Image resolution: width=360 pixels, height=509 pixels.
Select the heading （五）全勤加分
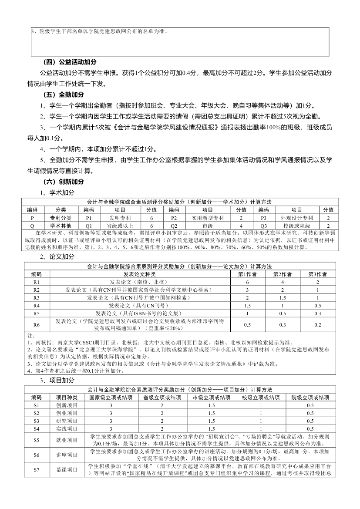64,94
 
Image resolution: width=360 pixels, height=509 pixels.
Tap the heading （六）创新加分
64,182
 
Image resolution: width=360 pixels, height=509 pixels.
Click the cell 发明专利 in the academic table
120,218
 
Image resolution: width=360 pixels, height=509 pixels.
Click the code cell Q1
89,226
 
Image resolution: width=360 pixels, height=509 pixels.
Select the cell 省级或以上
120,226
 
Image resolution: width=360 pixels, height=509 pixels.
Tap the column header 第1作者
247,274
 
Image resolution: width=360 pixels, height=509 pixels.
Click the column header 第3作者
317,274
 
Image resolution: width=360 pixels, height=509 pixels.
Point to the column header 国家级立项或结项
111,398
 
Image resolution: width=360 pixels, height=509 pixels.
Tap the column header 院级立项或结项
310,398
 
